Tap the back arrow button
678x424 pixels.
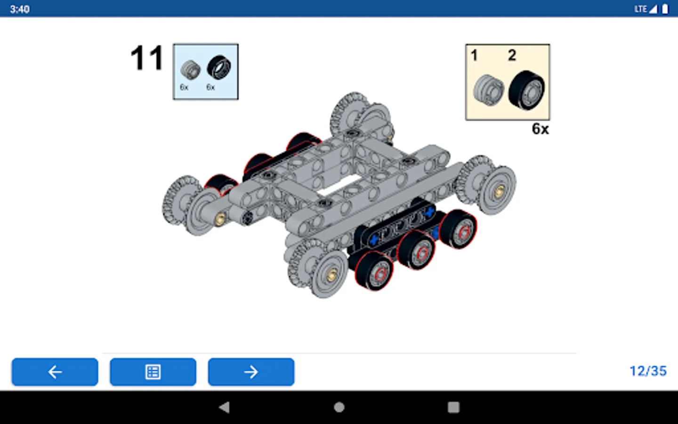[55, 372]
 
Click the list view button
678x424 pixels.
[153, 372]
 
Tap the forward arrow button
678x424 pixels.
[251, 372]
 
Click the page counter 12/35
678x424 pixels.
[648, 371]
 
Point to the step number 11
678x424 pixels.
[147, 58]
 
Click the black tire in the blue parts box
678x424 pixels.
[219, 67]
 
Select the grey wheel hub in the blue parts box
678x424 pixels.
[190, 70]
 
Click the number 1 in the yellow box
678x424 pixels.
[474, 56]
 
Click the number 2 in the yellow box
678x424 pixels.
[512, 55]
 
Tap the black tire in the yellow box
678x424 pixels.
[527, 90]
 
